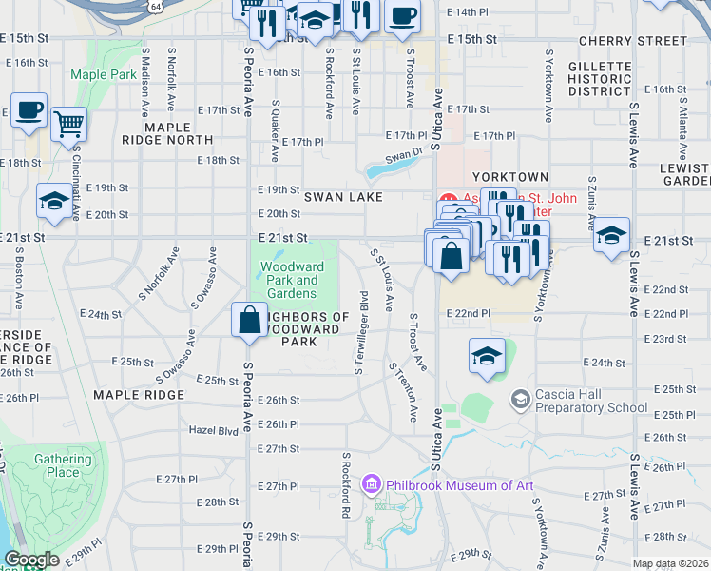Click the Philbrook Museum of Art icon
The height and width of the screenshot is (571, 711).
(x=371, y=485)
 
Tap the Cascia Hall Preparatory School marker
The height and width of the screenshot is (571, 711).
(x=520, y=399)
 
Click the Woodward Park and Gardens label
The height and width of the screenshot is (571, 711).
(x=294, y=280)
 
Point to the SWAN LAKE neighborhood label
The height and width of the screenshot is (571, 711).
(x=343, y=197)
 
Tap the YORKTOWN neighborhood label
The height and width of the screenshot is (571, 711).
(x=511, y=177)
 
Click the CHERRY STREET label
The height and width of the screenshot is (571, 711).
(x=632, y=41)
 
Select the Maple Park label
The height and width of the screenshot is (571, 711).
(x=103, y=74)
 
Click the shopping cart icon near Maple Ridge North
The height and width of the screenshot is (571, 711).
(x=68, y=123)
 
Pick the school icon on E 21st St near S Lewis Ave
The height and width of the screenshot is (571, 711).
(x=611, y=233)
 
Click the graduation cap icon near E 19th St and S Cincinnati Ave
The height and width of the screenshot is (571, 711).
(x=54, y=201)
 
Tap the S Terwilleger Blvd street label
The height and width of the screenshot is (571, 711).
(x=361, y=330)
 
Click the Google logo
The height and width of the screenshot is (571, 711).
(x=32, y=560)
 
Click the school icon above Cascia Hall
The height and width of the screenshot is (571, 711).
(x=487, y=357)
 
